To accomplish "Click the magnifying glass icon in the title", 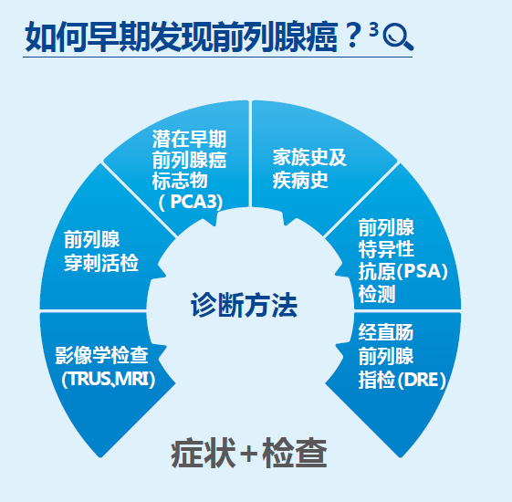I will point(399,37).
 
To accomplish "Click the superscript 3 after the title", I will point(374,32).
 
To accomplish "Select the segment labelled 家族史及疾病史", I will point(309,168).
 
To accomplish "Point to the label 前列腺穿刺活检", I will point(100,252).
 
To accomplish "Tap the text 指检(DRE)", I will point(402,380).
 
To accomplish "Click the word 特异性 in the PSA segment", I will point(387,250).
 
